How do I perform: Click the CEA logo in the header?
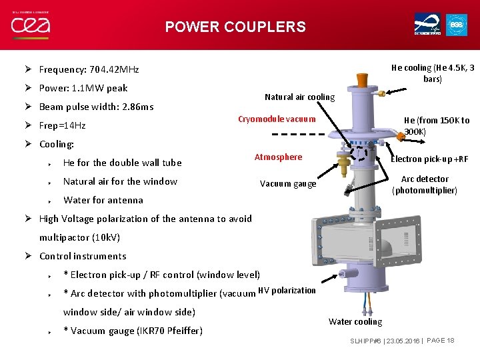[30, 26]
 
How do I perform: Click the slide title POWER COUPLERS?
[235, 27]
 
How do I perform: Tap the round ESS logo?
[456, 25]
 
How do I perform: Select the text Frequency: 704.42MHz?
[89, 69]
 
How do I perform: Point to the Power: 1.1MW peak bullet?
[83, 88]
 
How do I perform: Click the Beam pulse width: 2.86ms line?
[96, 107]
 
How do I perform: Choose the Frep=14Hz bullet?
[62, 125]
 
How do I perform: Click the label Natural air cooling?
[299, 97]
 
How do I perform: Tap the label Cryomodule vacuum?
[277, 119]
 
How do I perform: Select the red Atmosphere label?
[278, 157]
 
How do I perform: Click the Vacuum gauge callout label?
[287, 184]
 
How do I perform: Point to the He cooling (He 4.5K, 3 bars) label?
[433, 73]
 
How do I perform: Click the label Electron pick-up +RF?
[429, 159]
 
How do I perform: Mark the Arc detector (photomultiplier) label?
[425, 185]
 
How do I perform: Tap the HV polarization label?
[287, 291]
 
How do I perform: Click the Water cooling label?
[355, 322]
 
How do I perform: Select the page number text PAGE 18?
[440, 341]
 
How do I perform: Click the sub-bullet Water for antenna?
[103, 200]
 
